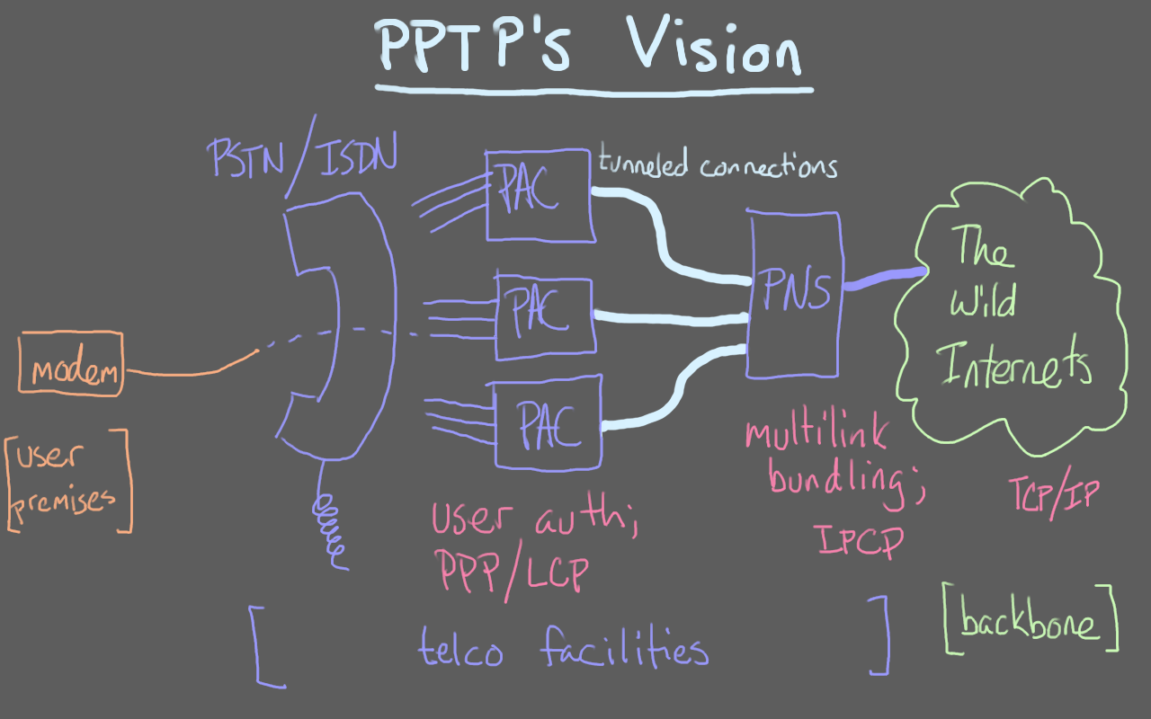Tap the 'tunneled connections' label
click(x=718, y=165)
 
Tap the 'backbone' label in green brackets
click(x=1031, y=620)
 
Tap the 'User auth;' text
click(x=534, y=519)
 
